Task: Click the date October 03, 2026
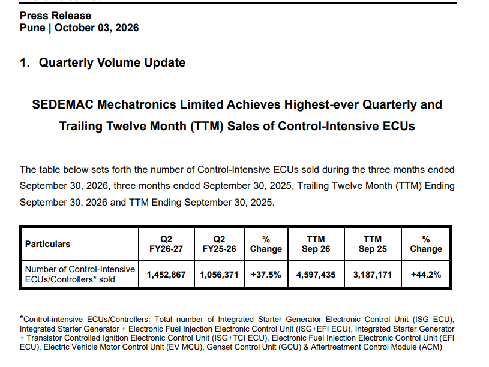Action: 97,28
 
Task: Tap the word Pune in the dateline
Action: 32,28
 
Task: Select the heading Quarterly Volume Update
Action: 112,63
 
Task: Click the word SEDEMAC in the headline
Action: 62,104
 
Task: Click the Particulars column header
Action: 48,244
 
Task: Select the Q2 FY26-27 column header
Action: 166,244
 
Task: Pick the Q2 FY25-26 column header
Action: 219,244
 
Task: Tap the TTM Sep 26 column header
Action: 316,244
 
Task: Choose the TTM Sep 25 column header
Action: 373,244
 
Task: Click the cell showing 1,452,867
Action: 166,275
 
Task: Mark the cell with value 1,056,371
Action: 219,275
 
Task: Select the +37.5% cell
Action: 266,275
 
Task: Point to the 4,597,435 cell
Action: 316,275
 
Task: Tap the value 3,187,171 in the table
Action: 373,275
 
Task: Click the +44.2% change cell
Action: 426,275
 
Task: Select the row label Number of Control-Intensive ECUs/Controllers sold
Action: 80,275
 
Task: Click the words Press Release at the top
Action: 56,16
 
